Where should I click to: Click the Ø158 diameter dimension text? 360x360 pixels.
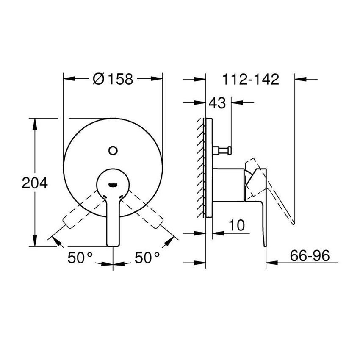112,79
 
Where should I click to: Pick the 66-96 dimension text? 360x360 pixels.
310,256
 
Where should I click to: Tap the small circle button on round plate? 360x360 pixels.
113,150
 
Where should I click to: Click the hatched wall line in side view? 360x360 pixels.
199,169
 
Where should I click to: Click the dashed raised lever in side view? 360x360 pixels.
275,191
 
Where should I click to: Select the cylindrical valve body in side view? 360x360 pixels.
228,183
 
